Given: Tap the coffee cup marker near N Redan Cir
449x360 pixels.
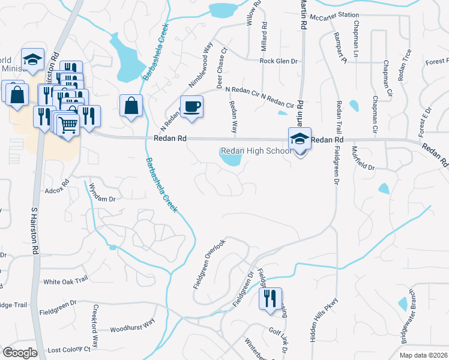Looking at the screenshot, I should click(x=192, y=107).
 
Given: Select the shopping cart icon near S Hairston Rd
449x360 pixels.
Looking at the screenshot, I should click(x=69, y=125).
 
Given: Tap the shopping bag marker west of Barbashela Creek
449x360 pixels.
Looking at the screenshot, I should click(x=131, y=106).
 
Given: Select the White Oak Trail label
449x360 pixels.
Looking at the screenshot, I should click(x=65, y=281).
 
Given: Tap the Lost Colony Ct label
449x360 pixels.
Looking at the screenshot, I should click(x=68, y=349).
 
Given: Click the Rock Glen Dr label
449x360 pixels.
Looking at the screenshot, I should click(x=279, y=61).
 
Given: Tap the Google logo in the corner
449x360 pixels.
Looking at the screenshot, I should click(x=19, y=353).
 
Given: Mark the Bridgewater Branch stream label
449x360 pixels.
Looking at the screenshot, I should click(x=405, y=316).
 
